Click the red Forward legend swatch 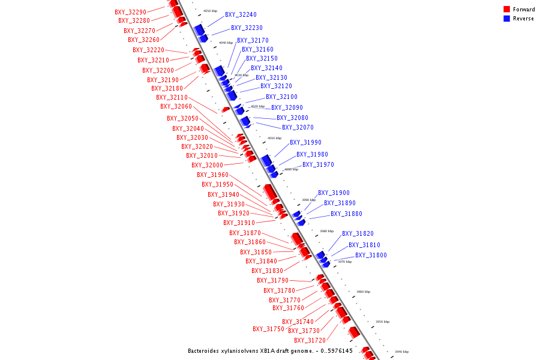coord(506,10)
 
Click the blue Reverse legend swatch coord(506,19)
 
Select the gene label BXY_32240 coord(241,15)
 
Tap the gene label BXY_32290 coord(130,12)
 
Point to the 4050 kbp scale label coord(210,11)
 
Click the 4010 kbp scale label coord(274,138)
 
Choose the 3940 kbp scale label coord(401,352)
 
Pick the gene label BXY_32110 coord(172,97)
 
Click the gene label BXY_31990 coord(305,143)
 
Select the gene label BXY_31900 coord(334,193)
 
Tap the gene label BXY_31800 coord(371,256)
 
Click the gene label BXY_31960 coord(212,175)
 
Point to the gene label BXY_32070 coord(298,127)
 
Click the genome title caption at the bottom coord(270,351)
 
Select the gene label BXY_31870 coord(245,233)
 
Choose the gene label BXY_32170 coord(253,41)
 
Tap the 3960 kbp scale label coord(363,292)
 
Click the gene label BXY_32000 coord(207,166)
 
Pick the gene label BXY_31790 coord(272,281)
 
